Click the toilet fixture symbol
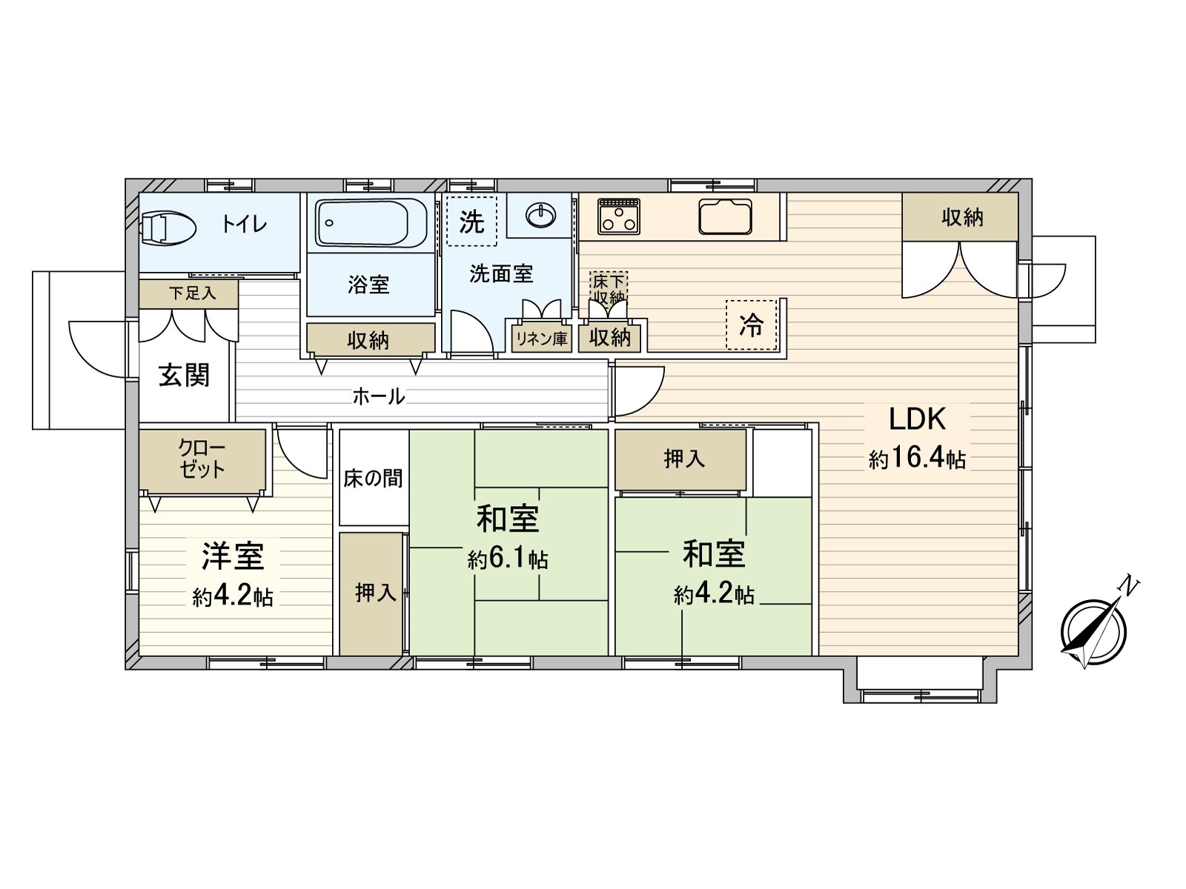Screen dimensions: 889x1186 [168, 226]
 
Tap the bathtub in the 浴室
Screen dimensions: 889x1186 [371, 222]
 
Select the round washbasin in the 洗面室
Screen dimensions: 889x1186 [540, 216]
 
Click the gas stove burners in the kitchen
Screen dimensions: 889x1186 [619, 216]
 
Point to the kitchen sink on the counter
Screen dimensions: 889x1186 [725, 216]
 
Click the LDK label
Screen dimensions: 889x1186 [917, 419]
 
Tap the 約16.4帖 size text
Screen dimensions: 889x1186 [917, 459]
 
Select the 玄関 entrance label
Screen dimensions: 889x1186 [184, 375]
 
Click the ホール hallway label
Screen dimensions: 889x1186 [378, 397]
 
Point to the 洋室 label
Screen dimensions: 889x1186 [233, 556]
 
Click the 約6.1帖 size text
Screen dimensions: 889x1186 [508, 559]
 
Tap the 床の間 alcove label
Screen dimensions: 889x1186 [373, 478]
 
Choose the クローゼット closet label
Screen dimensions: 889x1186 [202, 459]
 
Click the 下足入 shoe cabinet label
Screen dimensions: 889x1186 [192, 293]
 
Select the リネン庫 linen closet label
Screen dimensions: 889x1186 [541, 339]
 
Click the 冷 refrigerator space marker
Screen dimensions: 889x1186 [751, 324]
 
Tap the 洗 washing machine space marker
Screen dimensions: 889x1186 [471, 221]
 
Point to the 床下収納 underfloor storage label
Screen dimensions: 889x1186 [609, 290]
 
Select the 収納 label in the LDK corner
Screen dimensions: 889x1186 [962, 217]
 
